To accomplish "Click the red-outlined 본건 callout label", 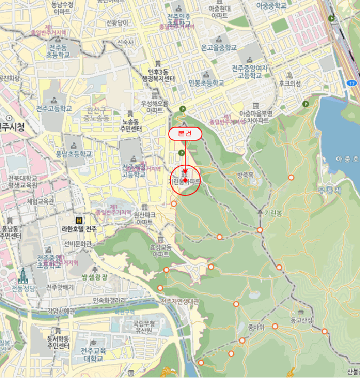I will pyautogui.click(x=185, y=134).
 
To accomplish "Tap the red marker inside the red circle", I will pyautogui.click(x=185, y=180).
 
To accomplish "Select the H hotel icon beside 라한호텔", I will pyautogui.click(x=79, y=220).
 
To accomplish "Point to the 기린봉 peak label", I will pyautogui.click(x=274, y=213).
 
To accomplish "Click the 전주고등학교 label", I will pyautogui.click(x=54, y=108).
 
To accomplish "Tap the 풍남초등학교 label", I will pyautogui.click(x=74, y=154).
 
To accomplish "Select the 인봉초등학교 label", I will pyautogui.click(x=206, y=83).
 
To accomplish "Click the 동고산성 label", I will pyautogui.click(x=302, y=320).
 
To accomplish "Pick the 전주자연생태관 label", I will pyautogui.click(x=180, y=301).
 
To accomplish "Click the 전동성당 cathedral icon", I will pyautogui.click(x=23, y=276).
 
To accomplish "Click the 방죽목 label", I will pyautogui.click(x=245, y=175).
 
